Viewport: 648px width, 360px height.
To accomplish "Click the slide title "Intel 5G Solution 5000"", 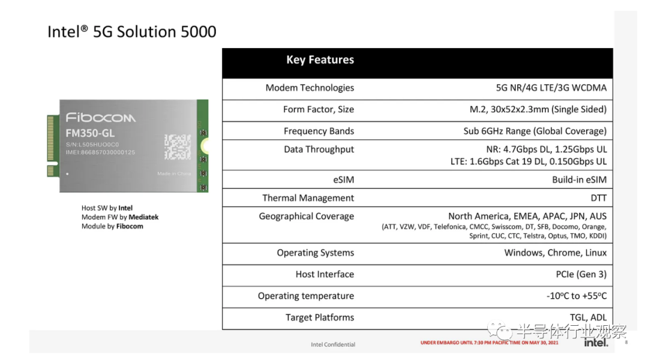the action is point(132,32).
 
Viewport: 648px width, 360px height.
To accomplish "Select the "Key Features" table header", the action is point(320,59).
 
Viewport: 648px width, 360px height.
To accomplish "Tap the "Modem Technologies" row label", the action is point(310,88).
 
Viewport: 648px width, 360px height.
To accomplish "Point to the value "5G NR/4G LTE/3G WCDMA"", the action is point(551,88).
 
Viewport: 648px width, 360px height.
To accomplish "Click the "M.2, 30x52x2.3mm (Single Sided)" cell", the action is point(538,109).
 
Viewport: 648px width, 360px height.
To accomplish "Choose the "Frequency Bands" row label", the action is point(319,131).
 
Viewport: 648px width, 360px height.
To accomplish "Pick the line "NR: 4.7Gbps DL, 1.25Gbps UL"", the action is point(547,149).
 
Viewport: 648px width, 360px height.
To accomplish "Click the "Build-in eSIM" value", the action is point(580,180).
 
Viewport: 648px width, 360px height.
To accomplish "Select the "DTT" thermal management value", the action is point(598,198).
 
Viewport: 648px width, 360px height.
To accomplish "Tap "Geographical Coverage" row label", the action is point(306,216).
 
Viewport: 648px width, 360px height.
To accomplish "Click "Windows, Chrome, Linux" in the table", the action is point(556,253).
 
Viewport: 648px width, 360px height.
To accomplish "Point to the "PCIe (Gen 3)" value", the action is point(581,274).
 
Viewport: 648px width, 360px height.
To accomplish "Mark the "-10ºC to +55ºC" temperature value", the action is point(577,296).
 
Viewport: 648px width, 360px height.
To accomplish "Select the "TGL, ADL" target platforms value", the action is point(588,317).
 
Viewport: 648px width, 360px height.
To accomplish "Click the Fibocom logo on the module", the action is point(100,118).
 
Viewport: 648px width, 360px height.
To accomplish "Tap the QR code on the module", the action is point(178,147).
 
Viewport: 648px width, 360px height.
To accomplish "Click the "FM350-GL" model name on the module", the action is point(90,134).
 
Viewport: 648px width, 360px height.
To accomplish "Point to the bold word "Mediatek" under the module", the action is point(143,217).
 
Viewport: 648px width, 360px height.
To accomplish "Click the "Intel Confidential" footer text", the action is point(333,344).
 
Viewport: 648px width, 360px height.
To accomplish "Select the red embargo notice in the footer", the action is point(490,343).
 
